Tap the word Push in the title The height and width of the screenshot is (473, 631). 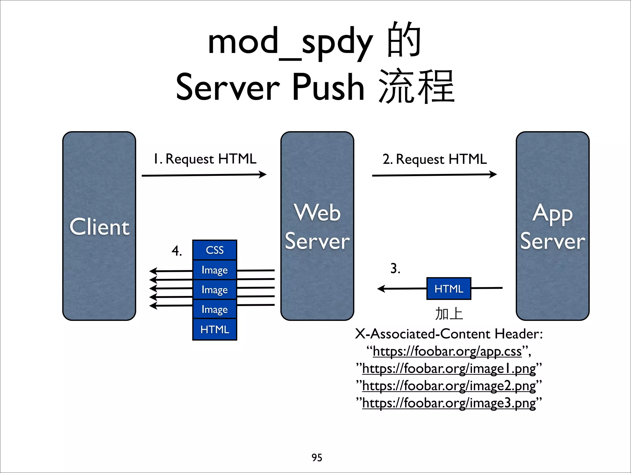(x=328, y=87)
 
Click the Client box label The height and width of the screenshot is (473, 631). (x=99, y=227)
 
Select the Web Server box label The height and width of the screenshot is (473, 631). (x=317, y=227)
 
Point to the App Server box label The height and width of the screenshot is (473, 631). (x=552, y=227)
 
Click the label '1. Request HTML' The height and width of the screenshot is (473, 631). (x=205, y=159)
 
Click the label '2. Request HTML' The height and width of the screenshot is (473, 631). (x=434, y=159)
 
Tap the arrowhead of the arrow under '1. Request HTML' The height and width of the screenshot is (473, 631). (x=263, y=175)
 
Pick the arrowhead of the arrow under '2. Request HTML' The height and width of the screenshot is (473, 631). (x=493, y=175)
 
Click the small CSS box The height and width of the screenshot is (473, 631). (x=214, y=250)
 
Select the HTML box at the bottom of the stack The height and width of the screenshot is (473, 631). (x=214, y=329)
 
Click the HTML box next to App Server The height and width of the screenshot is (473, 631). (x=449, y=289)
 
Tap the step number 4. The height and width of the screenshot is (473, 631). (x=177, y=251)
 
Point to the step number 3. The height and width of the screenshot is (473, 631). (x=395, y=268)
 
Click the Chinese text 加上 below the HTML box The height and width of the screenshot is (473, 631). (x=449, y=314)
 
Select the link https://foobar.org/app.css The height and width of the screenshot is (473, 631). (x=447, y=351)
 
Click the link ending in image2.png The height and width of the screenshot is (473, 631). (x=449, y=386)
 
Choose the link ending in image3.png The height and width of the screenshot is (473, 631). (x=449, y=403)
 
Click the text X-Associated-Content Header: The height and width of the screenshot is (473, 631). (x=449, y=334)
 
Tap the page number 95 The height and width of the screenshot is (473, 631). (x=317, y=458)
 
